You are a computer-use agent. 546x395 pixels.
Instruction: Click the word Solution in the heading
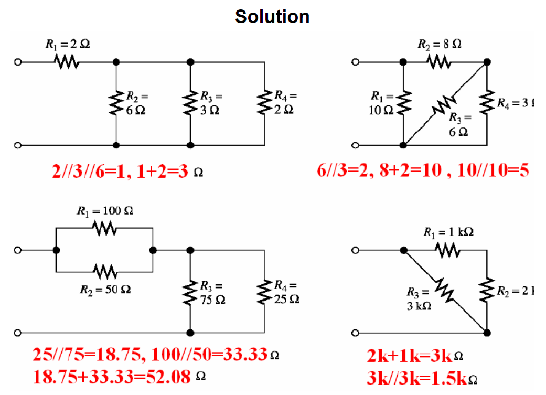(272, 17)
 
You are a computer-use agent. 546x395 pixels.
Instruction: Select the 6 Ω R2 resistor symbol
(116, 103)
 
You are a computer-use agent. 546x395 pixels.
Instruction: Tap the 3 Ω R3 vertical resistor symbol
(190, 103)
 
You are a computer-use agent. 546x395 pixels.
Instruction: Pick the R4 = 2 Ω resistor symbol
(264, 103)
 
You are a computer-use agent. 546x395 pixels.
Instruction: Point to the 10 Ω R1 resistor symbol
(403, 103)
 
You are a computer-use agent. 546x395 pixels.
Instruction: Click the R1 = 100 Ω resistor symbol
(104, 228)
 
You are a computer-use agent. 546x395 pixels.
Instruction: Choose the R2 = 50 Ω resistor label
(104, 289)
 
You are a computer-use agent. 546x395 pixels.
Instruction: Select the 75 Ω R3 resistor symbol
(190, 293)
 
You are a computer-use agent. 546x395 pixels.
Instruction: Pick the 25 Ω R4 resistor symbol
(264, 293)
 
